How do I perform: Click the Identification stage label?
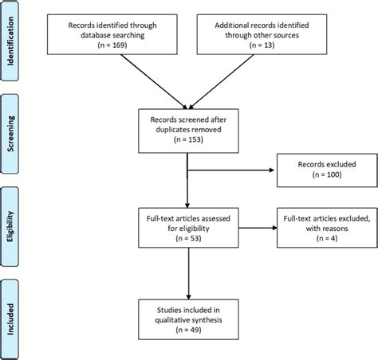10,41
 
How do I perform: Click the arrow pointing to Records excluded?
231,169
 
